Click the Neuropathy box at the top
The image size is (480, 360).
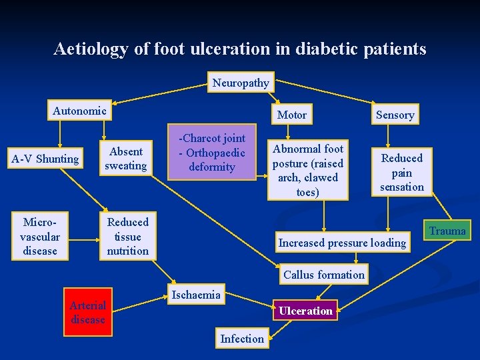(241, 83)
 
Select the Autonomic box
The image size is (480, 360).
(79, 111)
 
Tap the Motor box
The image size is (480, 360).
(291, 115)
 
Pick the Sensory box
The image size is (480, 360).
(395, 115)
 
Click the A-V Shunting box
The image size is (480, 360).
(45, 159)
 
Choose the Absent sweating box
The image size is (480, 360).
(126, 159)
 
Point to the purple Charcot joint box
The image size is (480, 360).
(211, 153)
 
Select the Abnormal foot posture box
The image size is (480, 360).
(307, 170)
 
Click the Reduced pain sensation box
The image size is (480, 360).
(401, 172)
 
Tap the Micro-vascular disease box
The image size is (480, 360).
(40, 236)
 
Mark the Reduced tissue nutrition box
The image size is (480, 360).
(128, 236)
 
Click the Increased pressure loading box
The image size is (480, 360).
(342, 243)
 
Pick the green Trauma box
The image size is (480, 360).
(447, 231)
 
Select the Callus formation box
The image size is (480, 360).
(324, 274)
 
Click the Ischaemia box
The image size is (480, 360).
(196, 295)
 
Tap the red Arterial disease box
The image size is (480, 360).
(88, 313)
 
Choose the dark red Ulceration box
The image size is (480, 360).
(305, 311)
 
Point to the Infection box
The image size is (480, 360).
(242, 339)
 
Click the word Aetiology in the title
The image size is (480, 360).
(87, 49)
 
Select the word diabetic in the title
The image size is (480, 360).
(328, 49)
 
